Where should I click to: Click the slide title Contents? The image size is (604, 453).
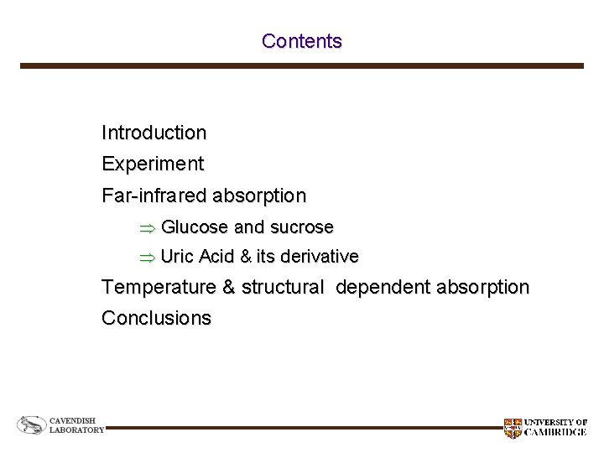pos(301,41)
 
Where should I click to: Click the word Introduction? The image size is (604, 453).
pos(154,133)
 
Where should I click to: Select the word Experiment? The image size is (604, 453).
pos(152,164)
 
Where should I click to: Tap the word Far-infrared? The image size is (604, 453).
pos(154,196)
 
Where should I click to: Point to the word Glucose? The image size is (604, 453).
pos(195,227)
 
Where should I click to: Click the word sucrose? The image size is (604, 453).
pos(301,227)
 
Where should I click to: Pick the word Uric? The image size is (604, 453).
pos(176,256)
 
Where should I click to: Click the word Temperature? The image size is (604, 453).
pos(158,288)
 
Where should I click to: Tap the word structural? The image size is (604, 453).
pos(281,288)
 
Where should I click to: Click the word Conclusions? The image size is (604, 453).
pos(156,319)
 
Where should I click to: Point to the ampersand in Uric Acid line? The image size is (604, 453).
pos(246,256)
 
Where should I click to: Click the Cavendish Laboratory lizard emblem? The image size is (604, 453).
pos(32,426)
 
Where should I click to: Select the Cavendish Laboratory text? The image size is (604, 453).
pos(76,425)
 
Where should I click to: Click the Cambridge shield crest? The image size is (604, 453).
pos(512,428)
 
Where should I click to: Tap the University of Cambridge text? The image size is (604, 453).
pos(555,428)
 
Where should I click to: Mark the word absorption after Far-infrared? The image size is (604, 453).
pos(259,196)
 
